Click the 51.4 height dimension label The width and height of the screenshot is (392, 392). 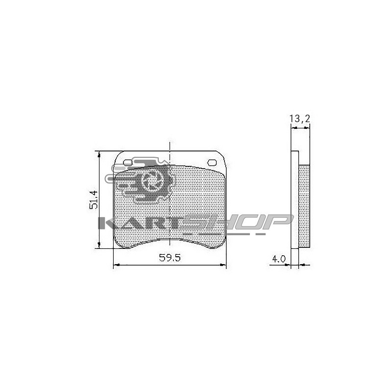[x=94, y=199]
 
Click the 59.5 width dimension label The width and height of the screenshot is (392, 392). [x=170, y=258]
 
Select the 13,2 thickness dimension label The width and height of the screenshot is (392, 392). [x=300, y=118]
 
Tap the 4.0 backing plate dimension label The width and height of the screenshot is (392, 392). [x=278, y=259]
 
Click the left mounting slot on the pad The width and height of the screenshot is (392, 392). [x=127, y=163]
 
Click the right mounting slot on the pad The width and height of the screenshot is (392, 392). [x=212, y=163]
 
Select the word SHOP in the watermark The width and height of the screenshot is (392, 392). [x=238, y=222]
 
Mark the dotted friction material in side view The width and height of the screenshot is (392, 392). [x=304, y=206]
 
